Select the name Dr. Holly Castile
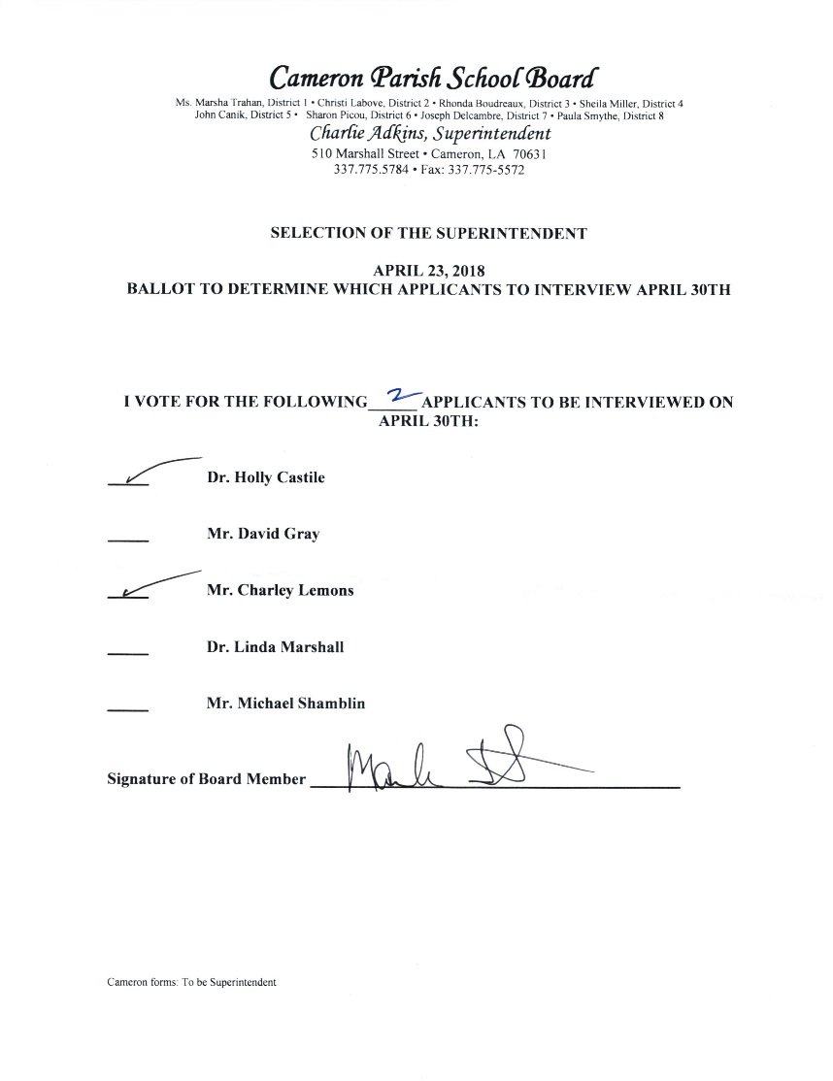point(266,477)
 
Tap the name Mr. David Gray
point(263,534)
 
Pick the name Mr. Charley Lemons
point(281,590)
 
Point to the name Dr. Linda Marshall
point(276,647)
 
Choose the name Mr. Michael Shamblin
point(286,704)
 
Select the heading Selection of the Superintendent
point(428,234)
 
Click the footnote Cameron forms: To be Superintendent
point(192,982)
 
